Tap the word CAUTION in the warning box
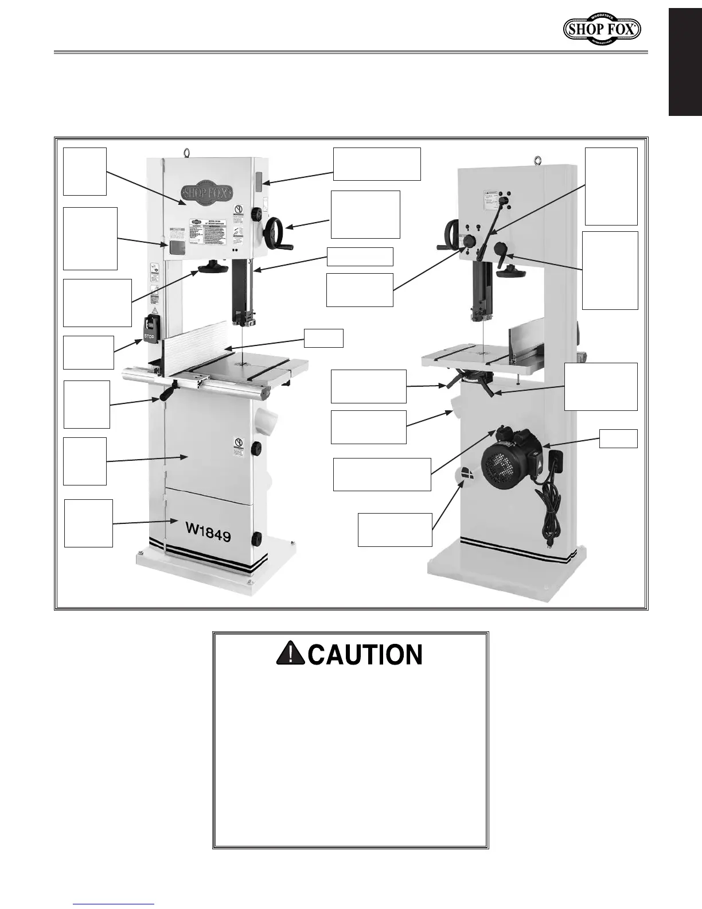click(x=365, y=655)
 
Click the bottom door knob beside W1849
click(x=256, y=539)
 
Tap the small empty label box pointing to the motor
click(x=618, y=438)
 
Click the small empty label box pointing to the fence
click(x=323, y=338)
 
